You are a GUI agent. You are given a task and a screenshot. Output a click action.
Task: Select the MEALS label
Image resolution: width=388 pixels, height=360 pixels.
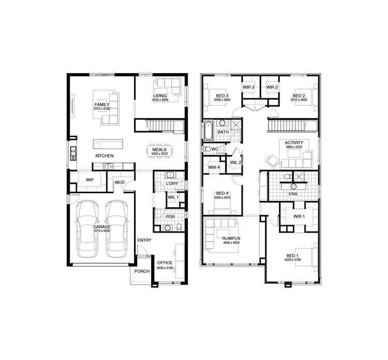click(159, 149)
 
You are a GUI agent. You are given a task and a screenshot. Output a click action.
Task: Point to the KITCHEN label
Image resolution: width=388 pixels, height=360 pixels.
click(105, 156)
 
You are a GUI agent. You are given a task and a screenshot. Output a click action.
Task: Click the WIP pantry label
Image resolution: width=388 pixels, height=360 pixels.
click(89, 180)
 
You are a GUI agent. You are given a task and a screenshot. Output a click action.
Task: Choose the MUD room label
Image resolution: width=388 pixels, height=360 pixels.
click(120, 182)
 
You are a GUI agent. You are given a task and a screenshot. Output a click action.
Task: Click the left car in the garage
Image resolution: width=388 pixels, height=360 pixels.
click(87, 228)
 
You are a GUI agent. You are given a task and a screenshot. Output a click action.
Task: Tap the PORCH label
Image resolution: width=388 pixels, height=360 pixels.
click(142, 271)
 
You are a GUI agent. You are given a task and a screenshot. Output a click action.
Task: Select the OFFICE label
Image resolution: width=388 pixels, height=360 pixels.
click(165, 263)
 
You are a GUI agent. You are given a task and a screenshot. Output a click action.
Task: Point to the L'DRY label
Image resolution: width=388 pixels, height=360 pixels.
click(172, 184)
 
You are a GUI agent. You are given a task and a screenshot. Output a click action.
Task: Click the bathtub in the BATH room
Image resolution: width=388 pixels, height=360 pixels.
click(208, 131)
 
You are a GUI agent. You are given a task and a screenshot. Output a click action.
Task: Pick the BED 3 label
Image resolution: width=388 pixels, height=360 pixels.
click(222, 96)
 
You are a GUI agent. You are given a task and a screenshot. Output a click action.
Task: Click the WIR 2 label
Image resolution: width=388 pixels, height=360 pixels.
click(273, 88)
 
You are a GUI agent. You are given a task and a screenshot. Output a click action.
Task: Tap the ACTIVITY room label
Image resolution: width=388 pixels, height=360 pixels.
click(294, 142)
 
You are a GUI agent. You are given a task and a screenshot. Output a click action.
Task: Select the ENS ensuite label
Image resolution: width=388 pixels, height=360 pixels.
click(293, 194)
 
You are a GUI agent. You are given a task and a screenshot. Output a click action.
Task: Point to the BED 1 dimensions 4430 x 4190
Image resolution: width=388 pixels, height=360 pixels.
click(293, 261)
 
